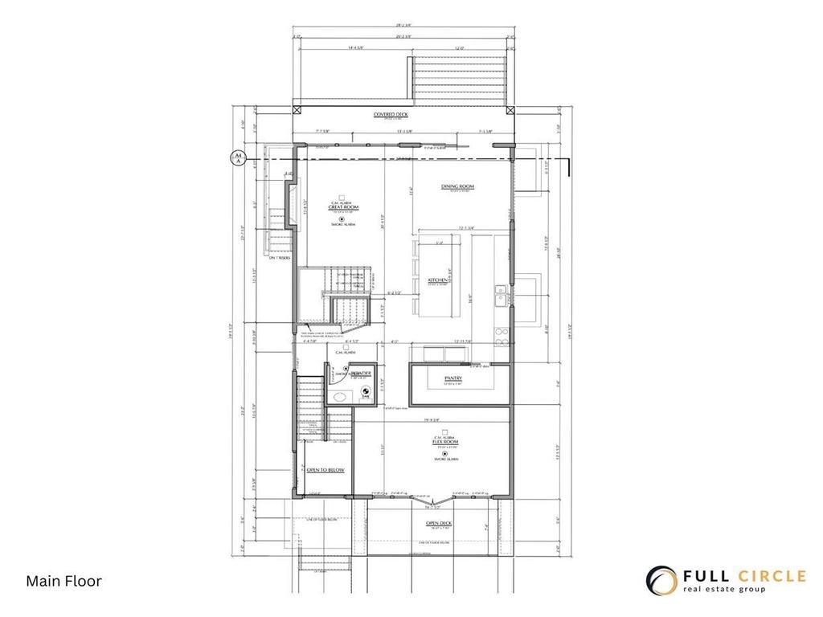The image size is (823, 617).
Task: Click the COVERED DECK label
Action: [x=391, y=115]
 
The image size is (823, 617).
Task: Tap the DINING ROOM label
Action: [x=457, y=186]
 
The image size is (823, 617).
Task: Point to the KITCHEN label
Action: [x=448, y=280]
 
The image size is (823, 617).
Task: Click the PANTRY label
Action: [x=452, y=378]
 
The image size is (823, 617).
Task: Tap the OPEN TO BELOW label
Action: [x=326, y=470]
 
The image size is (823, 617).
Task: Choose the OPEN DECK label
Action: [x=439, y=523]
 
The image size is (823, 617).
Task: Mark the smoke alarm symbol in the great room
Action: [x=342, y=219]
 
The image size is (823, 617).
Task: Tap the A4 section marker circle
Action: [x=237, y=157]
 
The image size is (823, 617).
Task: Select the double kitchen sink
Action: [x=500, y=295]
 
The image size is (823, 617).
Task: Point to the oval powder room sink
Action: [x=338, y=395]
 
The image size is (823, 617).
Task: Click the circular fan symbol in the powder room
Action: [x=365, y=388]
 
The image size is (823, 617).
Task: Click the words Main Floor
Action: [x=64, y=581]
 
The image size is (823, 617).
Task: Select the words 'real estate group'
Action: [x=724, y=590]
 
